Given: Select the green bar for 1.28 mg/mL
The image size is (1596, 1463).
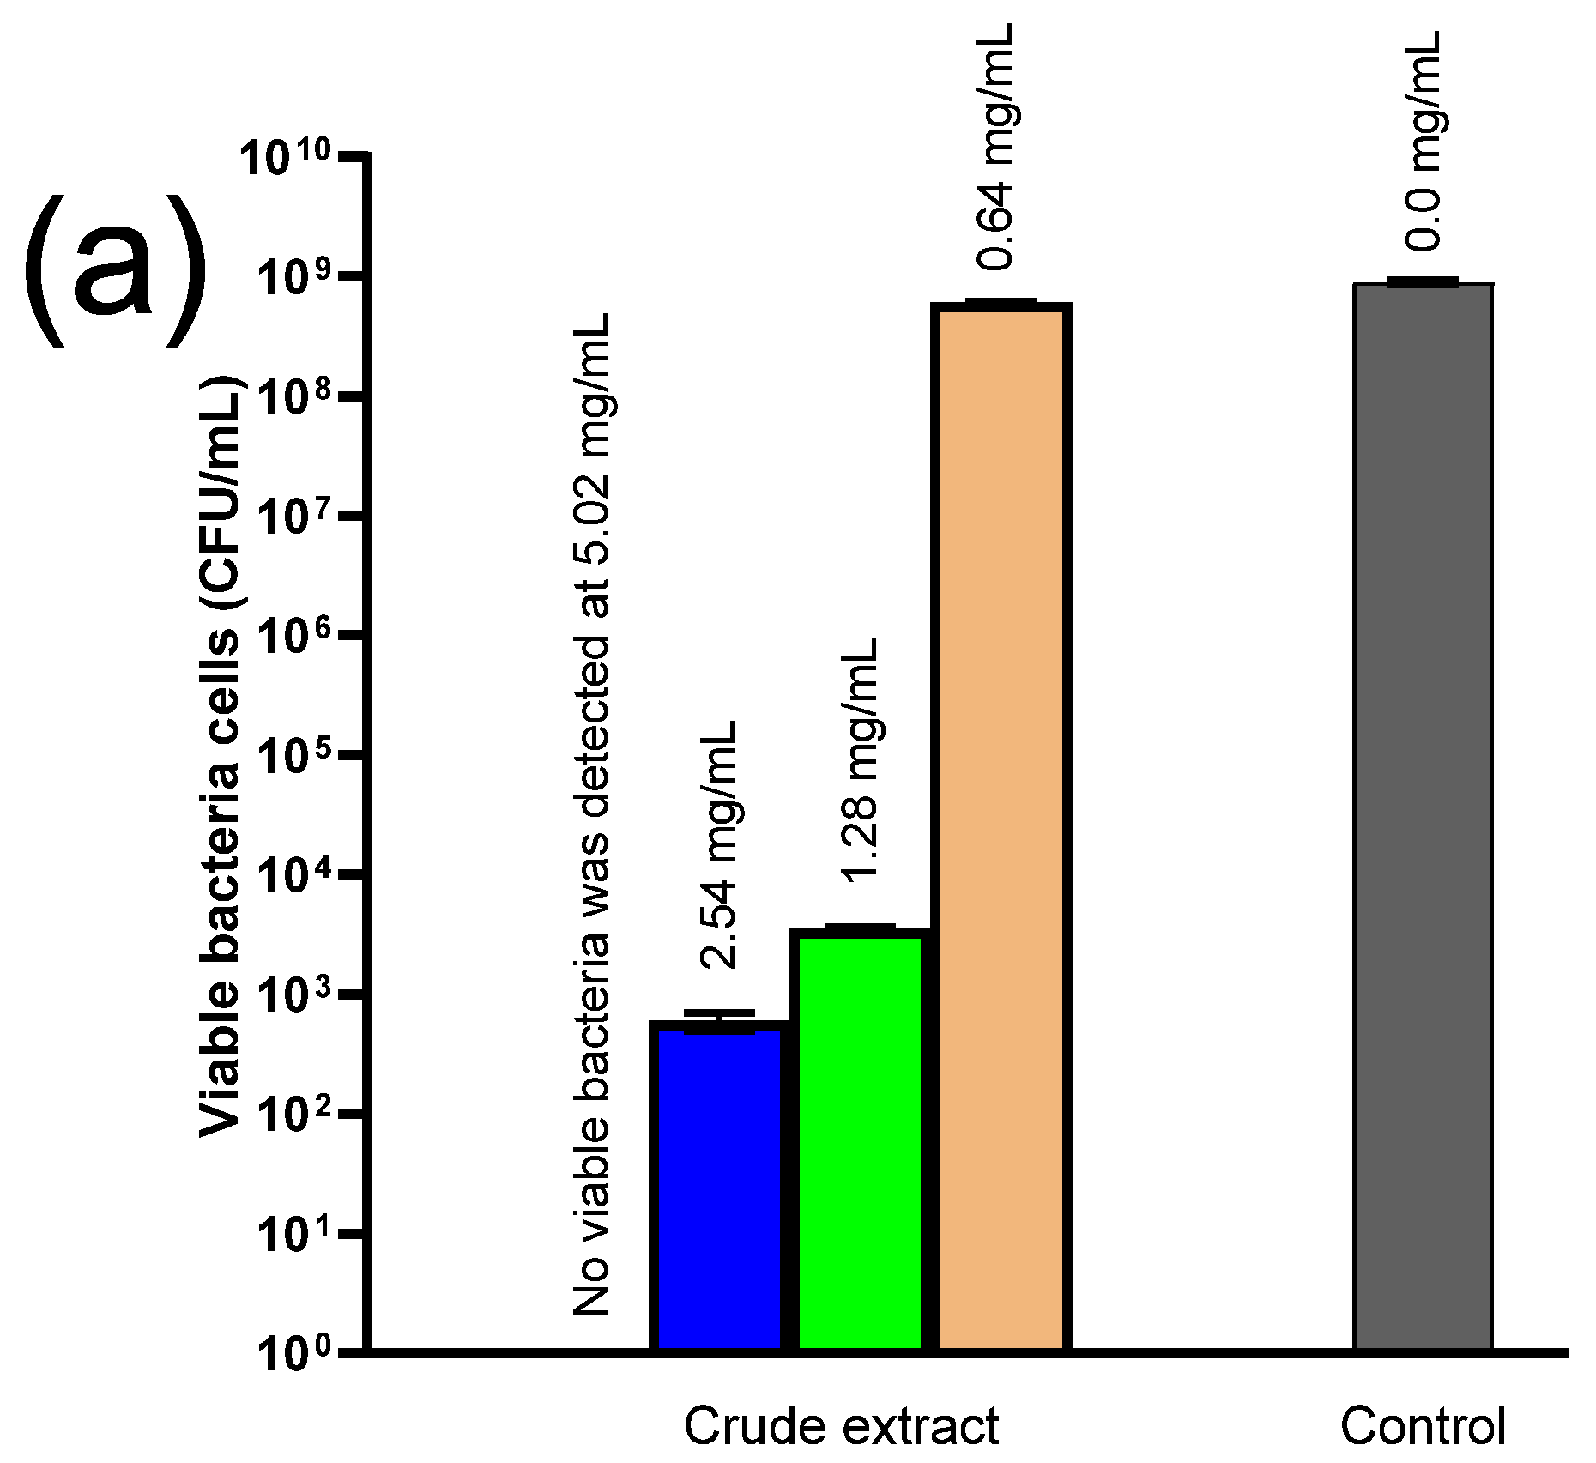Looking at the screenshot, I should tap(861, 1141).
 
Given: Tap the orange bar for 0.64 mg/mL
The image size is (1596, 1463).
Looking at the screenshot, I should tap(1001, 824).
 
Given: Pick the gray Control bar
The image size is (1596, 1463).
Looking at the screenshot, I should tap(1423, 815).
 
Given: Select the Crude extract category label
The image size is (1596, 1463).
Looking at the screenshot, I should tap(841, 1427).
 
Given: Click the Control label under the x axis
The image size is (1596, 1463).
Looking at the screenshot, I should tap(1423, 1427).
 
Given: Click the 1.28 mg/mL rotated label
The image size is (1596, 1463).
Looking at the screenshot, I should tap(860, 759).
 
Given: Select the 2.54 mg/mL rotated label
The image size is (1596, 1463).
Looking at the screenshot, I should tap(718, 845).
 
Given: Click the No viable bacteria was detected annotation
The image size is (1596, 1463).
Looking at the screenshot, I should tap(592, 815).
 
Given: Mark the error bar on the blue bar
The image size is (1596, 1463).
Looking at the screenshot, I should tap(719, 1014).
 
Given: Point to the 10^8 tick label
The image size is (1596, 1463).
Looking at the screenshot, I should tap(293, 397).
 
